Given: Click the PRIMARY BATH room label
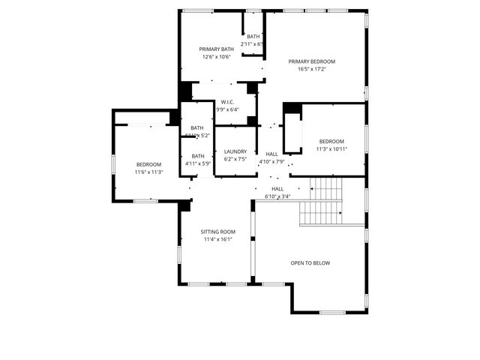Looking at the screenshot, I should click(x=216, y=49).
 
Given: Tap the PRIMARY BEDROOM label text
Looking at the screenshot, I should click(x=312, y=61).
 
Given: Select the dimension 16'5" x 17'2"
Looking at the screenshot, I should click(x=312, y=69).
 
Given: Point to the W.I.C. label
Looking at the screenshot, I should click(x=228, y=102).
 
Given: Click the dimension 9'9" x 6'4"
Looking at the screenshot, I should click(x=228, y=109).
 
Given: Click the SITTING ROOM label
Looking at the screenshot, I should click(x=218, y=232).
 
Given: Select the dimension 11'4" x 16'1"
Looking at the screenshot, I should click(x=218, y=239).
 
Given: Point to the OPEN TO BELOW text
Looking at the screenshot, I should click(x=310, y=263).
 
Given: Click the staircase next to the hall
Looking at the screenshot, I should click(x=320, y=202).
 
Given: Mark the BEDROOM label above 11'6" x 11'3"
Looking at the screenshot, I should click(x=148, y=164).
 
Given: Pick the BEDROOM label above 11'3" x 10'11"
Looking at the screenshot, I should click(x=331, y=142).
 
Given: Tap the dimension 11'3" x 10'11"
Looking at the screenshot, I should click(x=331, y=149).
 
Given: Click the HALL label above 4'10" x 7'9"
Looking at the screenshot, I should click(x=271, y=154).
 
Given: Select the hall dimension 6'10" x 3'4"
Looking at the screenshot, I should click(x=277, y=196).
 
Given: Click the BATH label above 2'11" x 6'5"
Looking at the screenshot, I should click(x=253, y=37).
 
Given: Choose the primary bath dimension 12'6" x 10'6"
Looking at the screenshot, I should click(x=216, y=57).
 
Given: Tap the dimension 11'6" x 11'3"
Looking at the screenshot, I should click(x=148, y=172).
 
